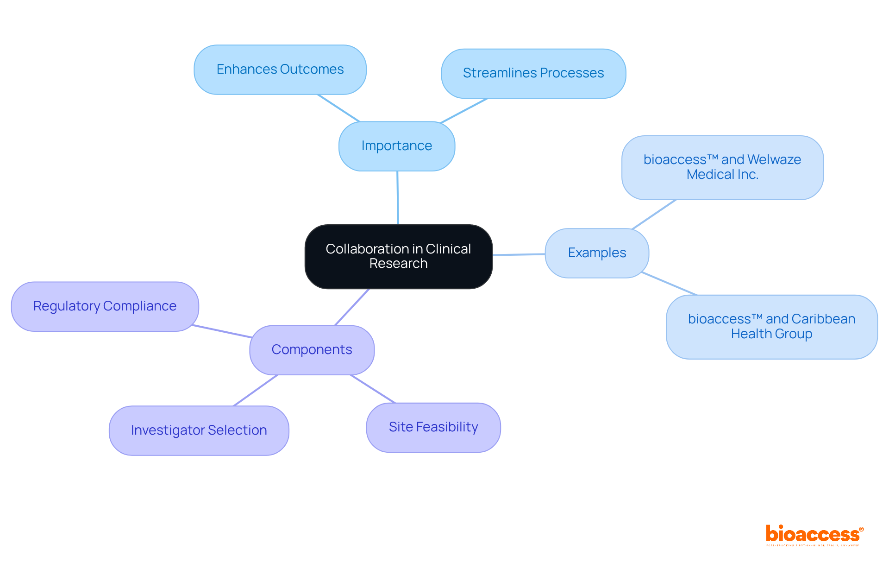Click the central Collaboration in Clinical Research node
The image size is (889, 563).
(398, 256)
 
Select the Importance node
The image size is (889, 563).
(397, 146)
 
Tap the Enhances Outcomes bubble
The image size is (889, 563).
(280, 70)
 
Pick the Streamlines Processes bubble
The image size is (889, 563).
(533, 73)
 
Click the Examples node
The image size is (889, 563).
(597, 253)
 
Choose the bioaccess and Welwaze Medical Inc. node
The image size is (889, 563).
(722, 167)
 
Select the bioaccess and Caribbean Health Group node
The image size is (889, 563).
(771, 327)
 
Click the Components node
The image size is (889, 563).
(312, 350)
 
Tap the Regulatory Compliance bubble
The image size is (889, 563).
(105, 306)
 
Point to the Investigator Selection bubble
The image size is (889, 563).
(199, 430)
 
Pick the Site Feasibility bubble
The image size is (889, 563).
(433, 427)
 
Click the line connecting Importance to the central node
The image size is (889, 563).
(398, 198)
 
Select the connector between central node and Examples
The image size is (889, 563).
(519, 254)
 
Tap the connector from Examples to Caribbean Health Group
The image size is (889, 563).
(669, 284)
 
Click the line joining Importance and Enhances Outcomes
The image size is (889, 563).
(338, 108)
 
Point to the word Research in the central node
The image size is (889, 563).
(398, 264)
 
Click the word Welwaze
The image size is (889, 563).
(774, 159)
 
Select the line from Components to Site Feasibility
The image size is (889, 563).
(373, 389)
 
